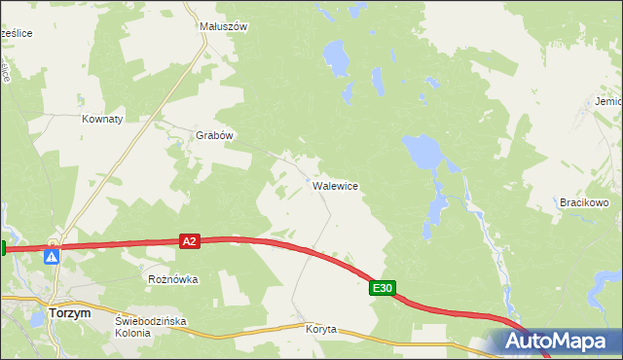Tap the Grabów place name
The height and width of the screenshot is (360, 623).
[x=215, y=136]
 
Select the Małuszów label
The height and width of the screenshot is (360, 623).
[x=224, y=27]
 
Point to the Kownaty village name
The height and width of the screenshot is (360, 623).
[x=101, y=119]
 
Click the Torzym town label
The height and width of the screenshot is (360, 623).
[x=69, y=314]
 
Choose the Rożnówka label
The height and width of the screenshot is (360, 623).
[x=172, y=279]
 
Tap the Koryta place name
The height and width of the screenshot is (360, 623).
[x=319, y=329]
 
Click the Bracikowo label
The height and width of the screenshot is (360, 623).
[x=584, y=202]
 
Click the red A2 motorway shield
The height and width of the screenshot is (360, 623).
[x=190, y=240]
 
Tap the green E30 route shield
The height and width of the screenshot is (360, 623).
[x=383, y=288]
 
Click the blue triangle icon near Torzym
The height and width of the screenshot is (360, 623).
[x=52, y=256]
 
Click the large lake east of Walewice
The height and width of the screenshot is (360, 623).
[x=421, y=151]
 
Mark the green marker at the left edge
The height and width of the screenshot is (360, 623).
[x=3, y=248]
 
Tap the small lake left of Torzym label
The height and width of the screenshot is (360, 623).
[x=36, y=318]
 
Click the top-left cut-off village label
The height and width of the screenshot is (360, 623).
[x=17, y=33]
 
